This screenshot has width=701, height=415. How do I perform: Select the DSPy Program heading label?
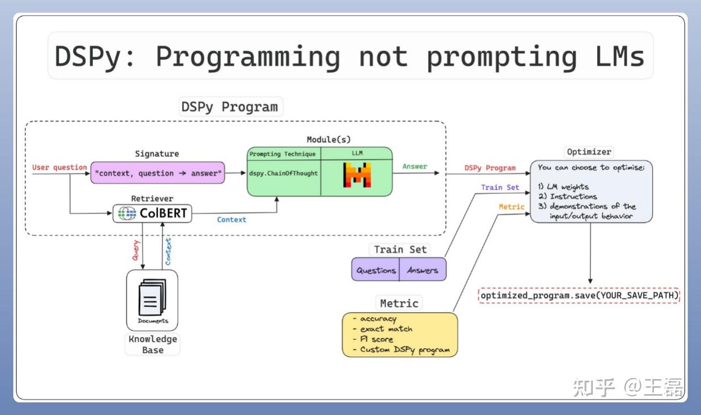pos(229,107)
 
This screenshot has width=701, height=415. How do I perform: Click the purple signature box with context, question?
pos(157,173)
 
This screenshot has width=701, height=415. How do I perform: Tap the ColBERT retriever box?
pos(152,213)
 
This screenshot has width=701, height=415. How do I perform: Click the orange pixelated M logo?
pos(356,175)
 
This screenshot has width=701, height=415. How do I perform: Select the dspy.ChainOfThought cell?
pos(283,174)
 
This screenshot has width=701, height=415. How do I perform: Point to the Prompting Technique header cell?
pos(283,154)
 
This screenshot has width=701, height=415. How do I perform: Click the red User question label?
pos(59,167)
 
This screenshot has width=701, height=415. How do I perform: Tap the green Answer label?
pos(414,166)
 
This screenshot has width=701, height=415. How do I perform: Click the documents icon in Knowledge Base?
pos(152,299)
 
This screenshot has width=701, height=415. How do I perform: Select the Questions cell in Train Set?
pos(376,270)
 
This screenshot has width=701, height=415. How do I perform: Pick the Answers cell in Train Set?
pos(422,270)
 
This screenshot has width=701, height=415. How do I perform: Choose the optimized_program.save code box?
pos(579,296)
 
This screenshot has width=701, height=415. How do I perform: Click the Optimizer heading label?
pos(589,151)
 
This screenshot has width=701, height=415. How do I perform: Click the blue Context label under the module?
pos(231,219)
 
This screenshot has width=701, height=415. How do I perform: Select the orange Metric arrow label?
pos(511,207)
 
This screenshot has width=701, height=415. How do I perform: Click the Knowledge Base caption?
pos(152,344)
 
